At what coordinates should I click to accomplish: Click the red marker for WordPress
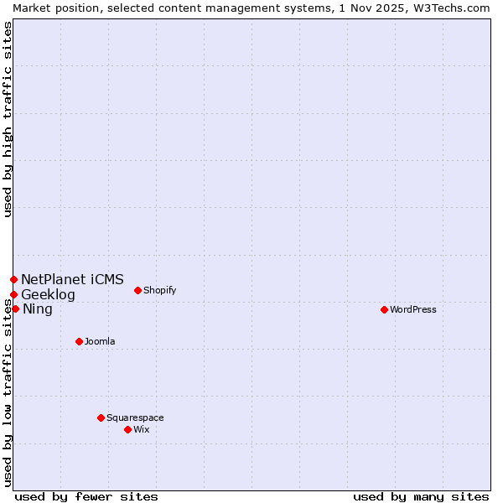coord(384,309)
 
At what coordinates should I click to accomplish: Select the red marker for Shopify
coord(137,290)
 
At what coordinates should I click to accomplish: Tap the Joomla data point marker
coord(79,341)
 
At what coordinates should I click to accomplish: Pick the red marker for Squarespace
coord(101,417)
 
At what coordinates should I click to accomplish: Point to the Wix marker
coord(127,429)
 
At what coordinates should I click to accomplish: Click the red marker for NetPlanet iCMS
coord(13,279)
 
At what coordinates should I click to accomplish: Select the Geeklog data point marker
coord(13,294)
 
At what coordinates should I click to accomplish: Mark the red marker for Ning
coord(15,309)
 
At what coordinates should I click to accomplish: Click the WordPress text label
coord(413,309)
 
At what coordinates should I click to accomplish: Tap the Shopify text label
coord(159,290)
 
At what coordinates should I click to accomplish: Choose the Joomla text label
coord(100,341)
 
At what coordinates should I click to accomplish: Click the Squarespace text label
coord(135,417)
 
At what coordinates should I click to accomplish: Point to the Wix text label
coord(141,429)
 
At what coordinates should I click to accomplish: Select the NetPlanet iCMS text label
coord(72,279)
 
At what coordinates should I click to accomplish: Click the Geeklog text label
coord(48,294)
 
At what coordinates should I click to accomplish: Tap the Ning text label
coord(37,309)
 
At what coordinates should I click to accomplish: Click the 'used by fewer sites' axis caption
coord(86,496)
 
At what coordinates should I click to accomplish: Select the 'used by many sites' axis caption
coord(421,496)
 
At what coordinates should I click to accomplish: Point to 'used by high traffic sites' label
coord(8,119)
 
